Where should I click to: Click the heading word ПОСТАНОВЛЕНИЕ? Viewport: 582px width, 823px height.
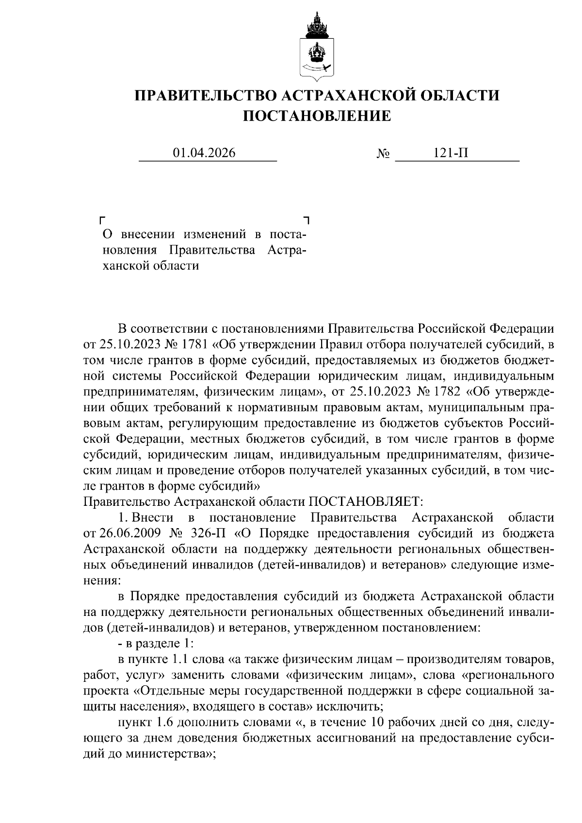[x=316, y=116]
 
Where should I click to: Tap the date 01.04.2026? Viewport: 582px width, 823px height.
[x=204, y=153]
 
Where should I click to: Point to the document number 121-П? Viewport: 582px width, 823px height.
[x=451, y=153]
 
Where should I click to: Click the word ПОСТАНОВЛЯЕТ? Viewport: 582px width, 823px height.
[x=367, y=500]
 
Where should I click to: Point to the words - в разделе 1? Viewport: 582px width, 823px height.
[x=156, y=644]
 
